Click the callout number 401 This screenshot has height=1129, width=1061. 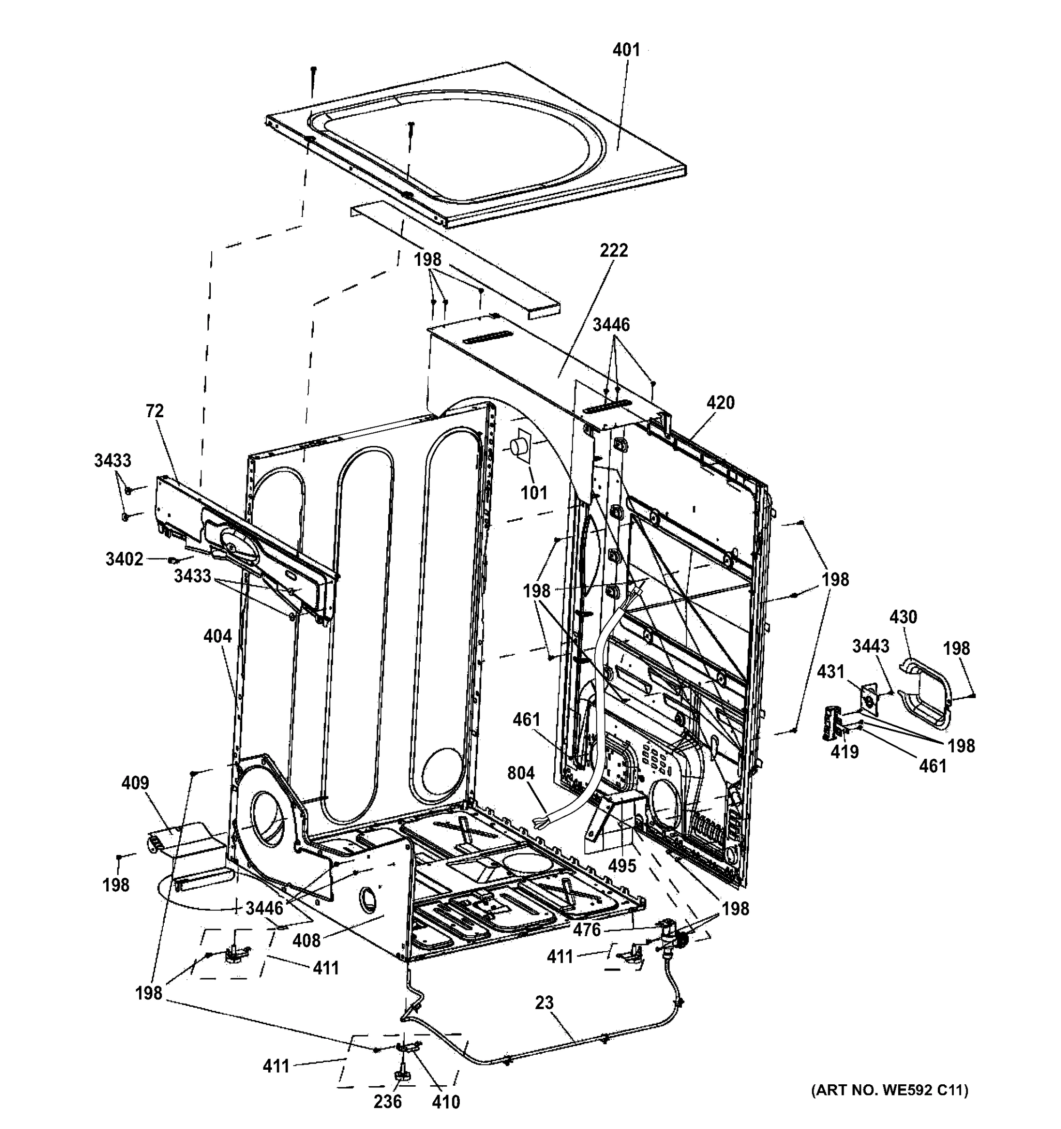pos(626,50)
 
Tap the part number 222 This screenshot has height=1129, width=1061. pos(614,250)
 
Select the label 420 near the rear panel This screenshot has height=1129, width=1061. pos(720,403)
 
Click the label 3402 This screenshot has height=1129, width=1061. pos(124,559)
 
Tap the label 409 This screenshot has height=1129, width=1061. pos(135,783)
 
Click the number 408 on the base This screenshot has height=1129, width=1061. pos(307,940)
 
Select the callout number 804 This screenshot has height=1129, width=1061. pos(521,773)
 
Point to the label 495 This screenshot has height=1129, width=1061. pos(622,866)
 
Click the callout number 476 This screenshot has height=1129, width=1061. pos(586,930)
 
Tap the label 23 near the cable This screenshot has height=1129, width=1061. pos(543,1003)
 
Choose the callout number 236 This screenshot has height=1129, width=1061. pos(387,1102)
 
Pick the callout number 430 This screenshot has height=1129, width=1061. pos(902,617)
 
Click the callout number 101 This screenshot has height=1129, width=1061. pos(534,493)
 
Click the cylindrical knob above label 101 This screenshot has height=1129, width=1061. pos(519,446)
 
